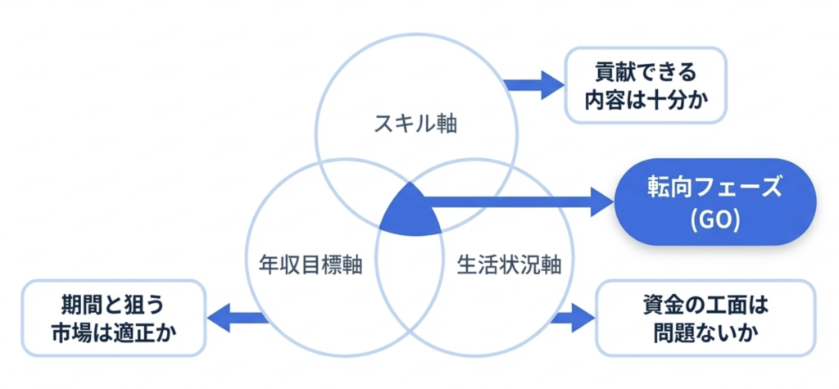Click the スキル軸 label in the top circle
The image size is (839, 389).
coord(415,125)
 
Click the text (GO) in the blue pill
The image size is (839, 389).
coord(715,222)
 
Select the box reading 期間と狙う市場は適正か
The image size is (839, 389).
coord(113,319)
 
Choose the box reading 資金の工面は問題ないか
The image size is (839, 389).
coord(705,318)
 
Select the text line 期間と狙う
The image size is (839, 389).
coord(112,304)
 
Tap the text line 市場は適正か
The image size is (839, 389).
coord(112,334)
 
